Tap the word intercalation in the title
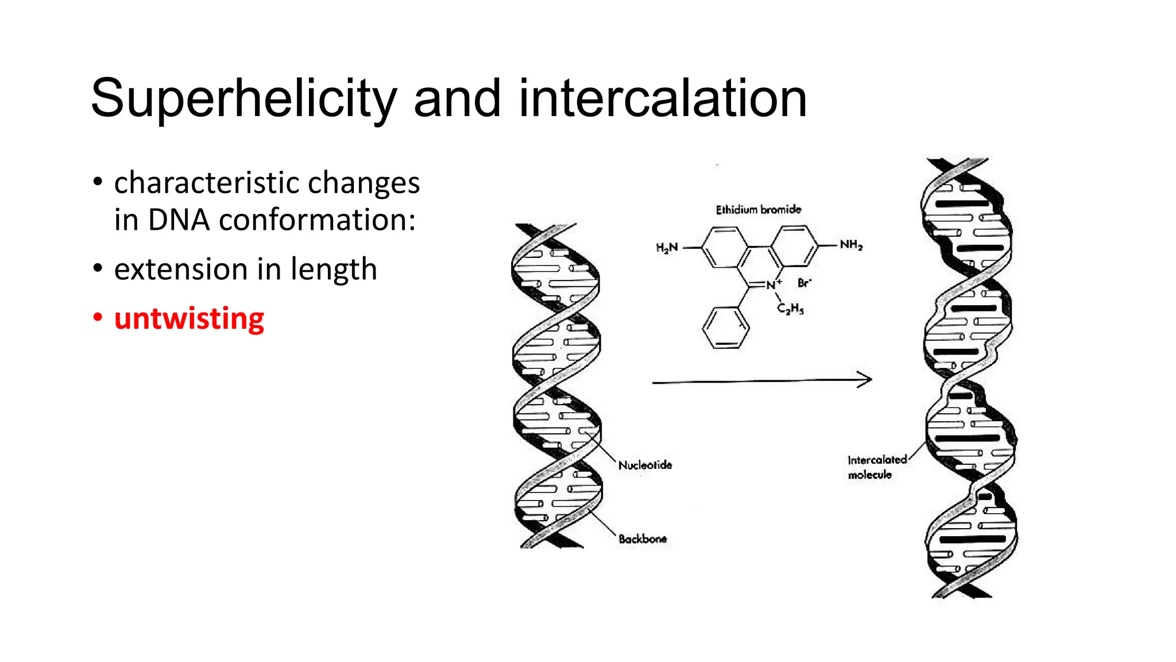(663, 99)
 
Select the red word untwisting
(189, 318)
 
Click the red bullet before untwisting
(98, 317)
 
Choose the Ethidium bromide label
(758, 210)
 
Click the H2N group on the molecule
(667, 248)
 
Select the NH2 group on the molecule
(851, 245)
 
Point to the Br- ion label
(804, 283)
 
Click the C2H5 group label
(790, 309)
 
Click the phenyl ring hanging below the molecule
(726, 328)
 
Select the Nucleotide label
(645, 465)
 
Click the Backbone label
(643, 539)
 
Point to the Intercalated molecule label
(876, 467)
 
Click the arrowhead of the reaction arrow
(865, 379)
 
